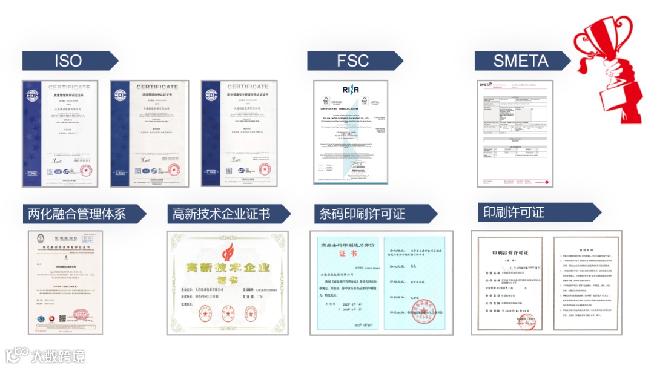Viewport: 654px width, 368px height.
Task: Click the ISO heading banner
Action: point(68,61)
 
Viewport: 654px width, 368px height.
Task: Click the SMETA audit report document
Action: point(515,133)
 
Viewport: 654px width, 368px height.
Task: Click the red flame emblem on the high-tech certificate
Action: point(227,251)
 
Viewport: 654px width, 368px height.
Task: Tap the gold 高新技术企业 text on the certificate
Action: point(227,268)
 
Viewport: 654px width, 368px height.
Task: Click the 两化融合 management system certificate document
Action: point(65,282)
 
